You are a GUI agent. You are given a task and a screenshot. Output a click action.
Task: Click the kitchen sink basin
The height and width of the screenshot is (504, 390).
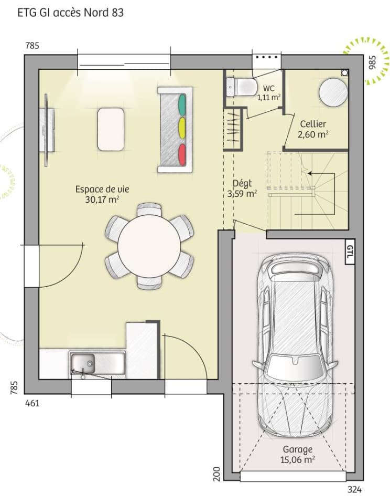(x=83, y=362)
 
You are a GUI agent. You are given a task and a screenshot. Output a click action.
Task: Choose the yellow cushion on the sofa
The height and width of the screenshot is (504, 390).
(x=182, y=128)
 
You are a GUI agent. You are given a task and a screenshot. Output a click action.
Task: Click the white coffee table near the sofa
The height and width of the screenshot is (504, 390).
(x=111, y=129)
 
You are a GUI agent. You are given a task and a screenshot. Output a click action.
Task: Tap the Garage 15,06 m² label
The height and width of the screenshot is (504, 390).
(x=298, y=455)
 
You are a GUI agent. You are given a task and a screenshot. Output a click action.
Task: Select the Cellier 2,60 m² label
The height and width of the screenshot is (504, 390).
(x=313, y=129)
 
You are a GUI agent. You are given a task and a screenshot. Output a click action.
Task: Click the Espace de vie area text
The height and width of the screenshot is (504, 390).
(x=102, y=194)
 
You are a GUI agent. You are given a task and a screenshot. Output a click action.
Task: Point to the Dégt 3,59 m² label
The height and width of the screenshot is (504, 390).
(x=242, y=188)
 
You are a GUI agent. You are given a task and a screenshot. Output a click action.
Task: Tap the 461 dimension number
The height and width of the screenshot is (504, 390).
(x=32, y=403)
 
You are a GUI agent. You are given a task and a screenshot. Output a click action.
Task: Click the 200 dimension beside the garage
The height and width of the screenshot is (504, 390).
(x=216, y=472)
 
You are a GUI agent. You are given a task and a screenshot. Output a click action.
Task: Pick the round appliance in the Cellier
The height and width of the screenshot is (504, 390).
(x=333, y=93)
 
